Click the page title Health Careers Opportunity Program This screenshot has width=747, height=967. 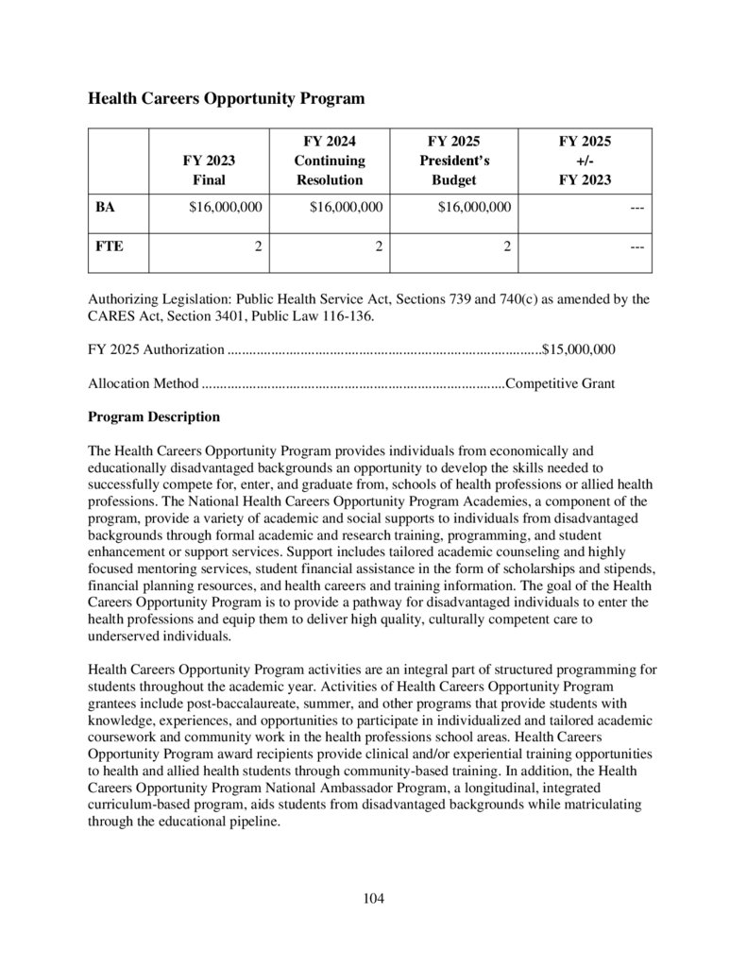click(226, 98)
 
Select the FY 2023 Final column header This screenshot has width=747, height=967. click(209, 170)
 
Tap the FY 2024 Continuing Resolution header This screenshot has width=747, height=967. click(329, 161)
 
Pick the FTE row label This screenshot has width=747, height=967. click(109, 247)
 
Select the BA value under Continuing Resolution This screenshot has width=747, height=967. click(346, 206)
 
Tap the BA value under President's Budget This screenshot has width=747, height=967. click(475, 206)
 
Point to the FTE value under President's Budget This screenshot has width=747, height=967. click(507, 247)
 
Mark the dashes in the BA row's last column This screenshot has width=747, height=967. click(637, 206)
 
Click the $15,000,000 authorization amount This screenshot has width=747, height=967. click(579, 349)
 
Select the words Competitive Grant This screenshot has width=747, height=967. click(561, 383)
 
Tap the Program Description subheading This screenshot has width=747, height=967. click(154, 416)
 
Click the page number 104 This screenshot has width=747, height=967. click(373, 898)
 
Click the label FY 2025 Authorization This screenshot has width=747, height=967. click(156, 349)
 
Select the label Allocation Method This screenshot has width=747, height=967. click(143, 383)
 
